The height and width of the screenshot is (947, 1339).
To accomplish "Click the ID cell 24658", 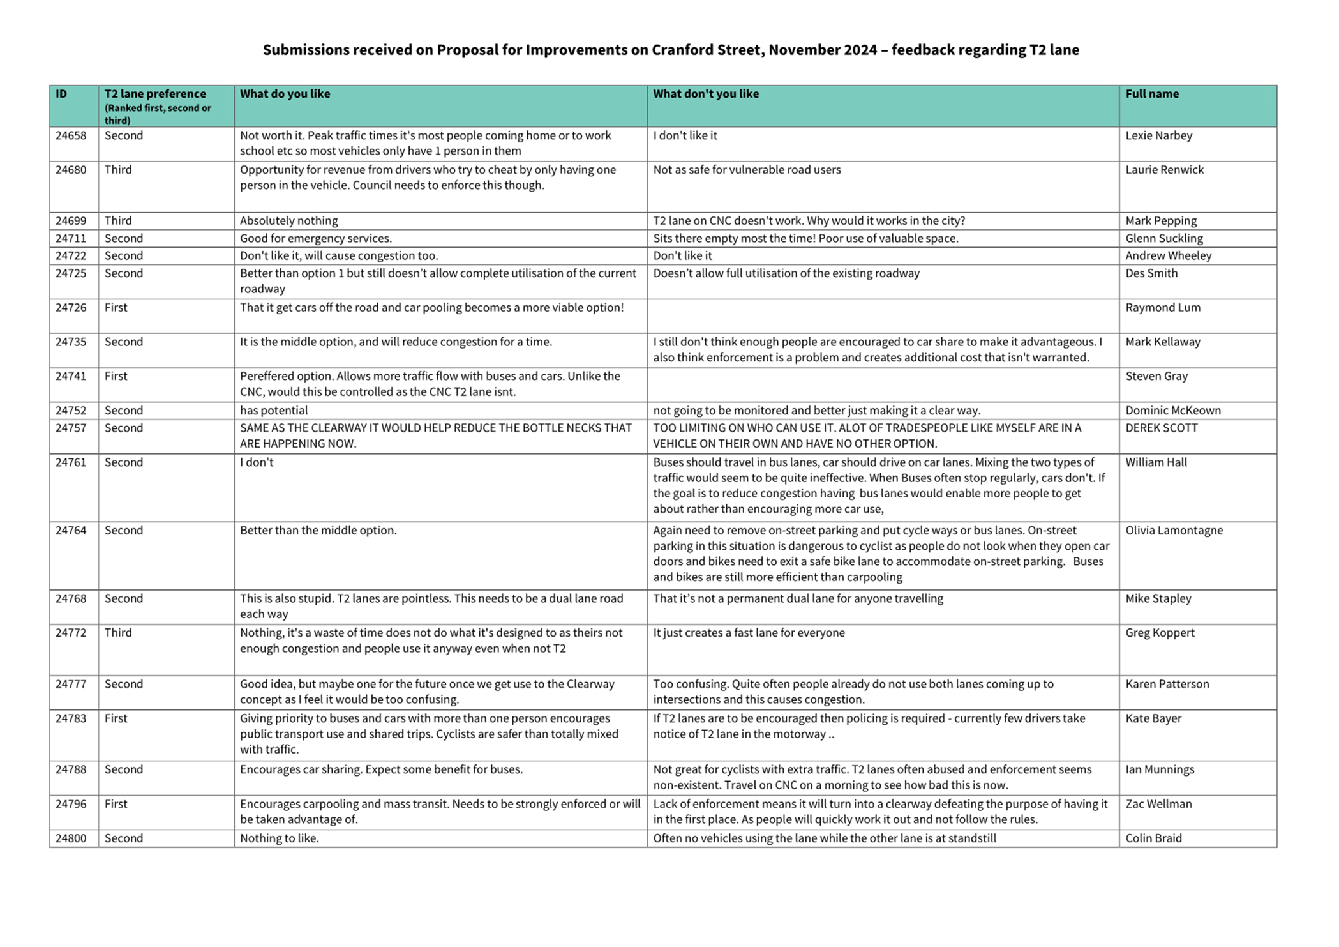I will [71, 135].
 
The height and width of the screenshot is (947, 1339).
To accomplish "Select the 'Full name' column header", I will [1152, 94].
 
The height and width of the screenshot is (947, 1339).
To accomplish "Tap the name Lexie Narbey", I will [1158, 135].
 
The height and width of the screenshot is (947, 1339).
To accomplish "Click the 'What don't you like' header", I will [706, 94].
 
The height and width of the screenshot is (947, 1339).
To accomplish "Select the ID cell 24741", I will [71, 376].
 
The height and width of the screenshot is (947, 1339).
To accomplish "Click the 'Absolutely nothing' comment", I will [288, 221].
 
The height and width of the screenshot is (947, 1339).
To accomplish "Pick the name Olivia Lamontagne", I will [1174, 530].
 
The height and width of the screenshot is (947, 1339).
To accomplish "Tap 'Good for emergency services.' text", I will [316, 238].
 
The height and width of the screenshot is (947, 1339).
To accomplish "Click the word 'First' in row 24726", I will [116, 307].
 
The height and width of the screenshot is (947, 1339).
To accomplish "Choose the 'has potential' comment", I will [274, 411].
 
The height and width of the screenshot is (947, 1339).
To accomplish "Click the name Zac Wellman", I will [1158, 804].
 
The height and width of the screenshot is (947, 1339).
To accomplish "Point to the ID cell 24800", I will [71, 838].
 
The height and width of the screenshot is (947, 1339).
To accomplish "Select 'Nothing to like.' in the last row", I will [280, 838].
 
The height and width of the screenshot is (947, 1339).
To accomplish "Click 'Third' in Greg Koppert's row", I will [118, 633].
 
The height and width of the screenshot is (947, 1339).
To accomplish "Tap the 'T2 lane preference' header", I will [155, 94].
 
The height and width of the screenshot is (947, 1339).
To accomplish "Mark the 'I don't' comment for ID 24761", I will [257, 462].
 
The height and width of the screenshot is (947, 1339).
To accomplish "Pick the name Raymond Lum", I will [1163, 307].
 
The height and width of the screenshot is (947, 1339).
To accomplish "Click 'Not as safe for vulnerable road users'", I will [747, 170].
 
